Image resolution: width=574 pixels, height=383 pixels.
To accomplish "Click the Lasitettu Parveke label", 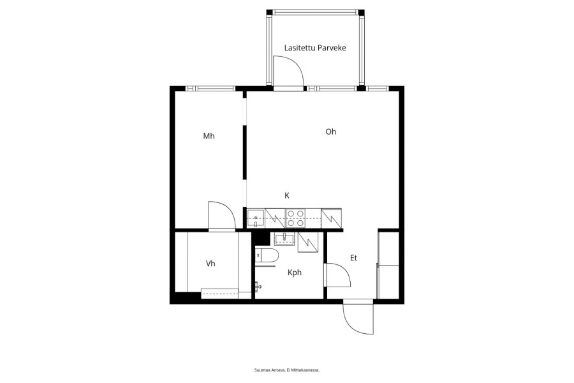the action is point(315,48).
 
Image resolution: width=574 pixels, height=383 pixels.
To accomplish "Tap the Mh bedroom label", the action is point(209,136).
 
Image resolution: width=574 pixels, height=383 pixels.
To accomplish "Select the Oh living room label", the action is point(330,131).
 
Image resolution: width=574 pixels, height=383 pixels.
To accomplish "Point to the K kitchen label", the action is point(287,195).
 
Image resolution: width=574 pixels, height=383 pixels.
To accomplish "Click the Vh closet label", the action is point(210,264).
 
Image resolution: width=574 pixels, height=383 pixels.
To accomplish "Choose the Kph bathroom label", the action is point(294,273).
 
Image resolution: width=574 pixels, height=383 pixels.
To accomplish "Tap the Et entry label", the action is point(353,258).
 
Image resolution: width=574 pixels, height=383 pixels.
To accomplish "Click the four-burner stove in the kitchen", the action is point(295,218).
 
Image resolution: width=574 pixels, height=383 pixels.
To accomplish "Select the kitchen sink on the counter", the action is point(256,218).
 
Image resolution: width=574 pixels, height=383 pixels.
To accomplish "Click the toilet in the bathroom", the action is point(267,255).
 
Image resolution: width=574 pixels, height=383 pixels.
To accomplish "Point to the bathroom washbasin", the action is point(284,239).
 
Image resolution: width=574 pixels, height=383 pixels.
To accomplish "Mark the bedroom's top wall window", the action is point(210,88).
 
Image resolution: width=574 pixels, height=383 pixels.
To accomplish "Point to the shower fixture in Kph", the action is point(258,285).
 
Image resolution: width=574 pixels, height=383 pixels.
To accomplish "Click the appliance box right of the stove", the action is point(331,218).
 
